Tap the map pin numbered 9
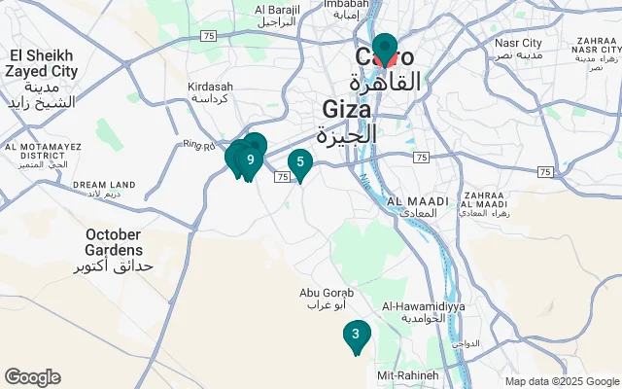[251, 159]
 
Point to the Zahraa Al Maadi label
[483, 201]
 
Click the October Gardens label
[115, 242]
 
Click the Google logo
[32, 377]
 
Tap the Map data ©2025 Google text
[562, 381]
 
